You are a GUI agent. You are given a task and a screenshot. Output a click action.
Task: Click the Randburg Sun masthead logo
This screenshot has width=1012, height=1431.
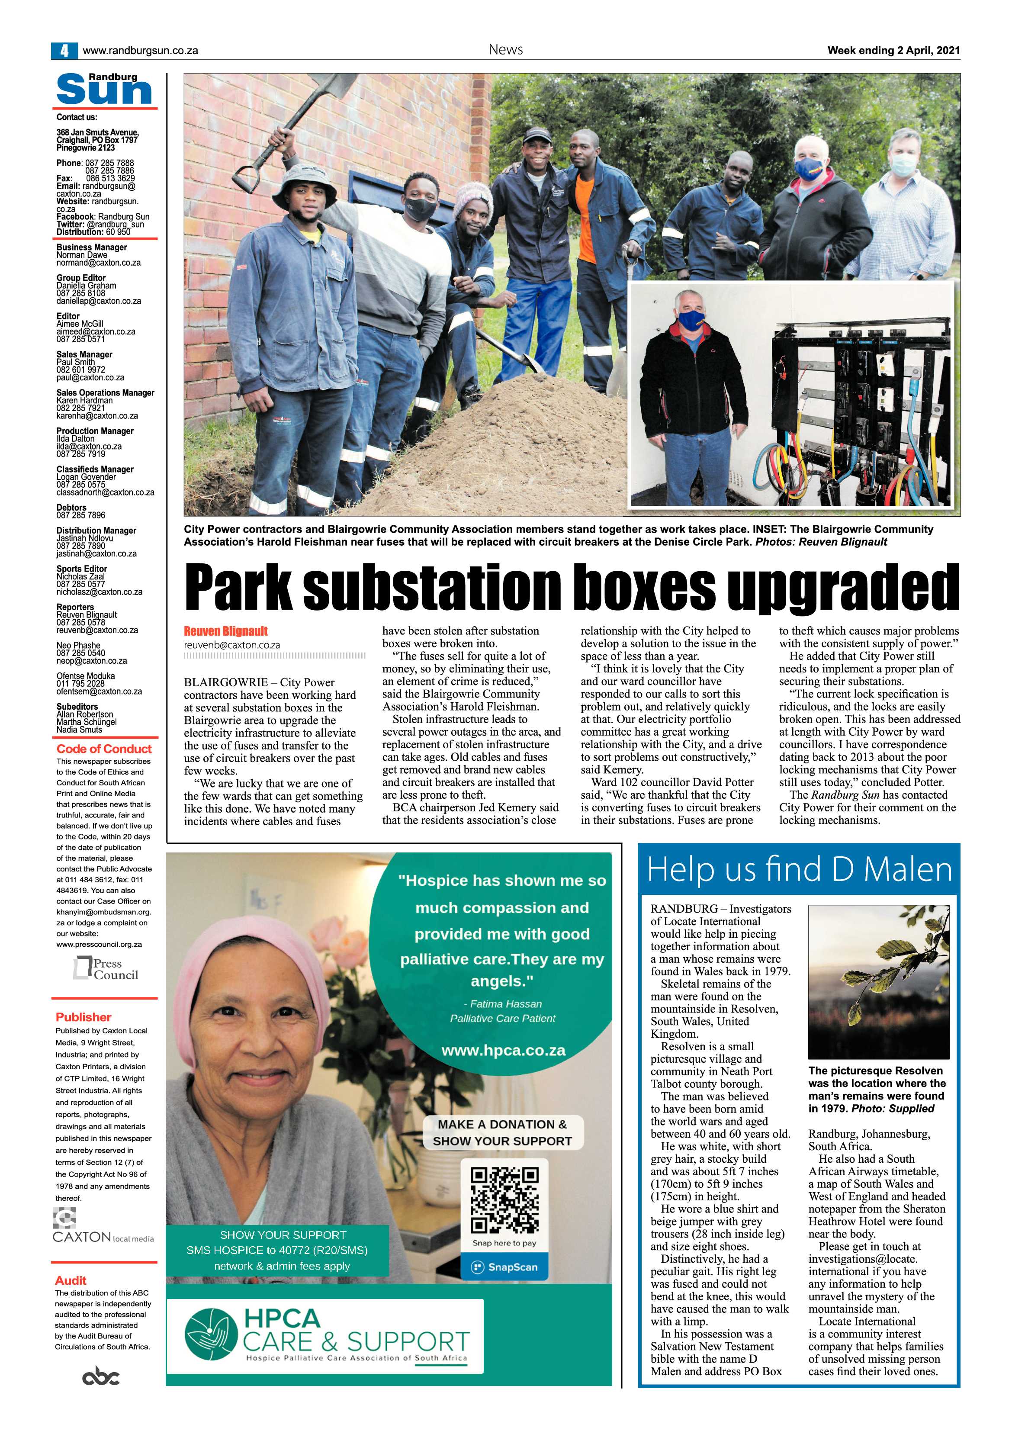point(104,90)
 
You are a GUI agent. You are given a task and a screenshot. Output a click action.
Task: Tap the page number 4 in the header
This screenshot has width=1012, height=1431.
point(64,51)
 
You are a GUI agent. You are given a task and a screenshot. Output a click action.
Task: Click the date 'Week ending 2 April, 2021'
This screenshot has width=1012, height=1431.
point(893,51)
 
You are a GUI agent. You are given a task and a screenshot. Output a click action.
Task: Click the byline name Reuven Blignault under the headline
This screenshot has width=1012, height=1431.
point(225,631)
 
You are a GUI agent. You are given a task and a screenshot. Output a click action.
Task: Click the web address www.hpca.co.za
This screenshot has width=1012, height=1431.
point(503,1050)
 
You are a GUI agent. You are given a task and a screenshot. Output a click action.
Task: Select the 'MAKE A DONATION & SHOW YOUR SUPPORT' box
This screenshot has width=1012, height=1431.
point(502,1132)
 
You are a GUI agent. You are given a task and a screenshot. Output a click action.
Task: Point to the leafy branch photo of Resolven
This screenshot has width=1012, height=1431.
point(879,981)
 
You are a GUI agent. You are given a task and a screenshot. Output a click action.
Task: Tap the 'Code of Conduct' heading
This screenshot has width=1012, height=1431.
point(104,749)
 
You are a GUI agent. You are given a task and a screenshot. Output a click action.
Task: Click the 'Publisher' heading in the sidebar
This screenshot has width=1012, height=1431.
point(84,1017)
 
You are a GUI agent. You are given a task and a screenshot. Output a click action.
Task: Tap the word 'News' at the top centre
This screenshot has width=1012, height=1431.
point(505,50)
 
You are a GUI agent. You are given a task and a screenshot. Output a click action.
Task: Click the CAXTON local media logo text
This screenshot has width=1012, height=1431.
point(103,1237)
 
